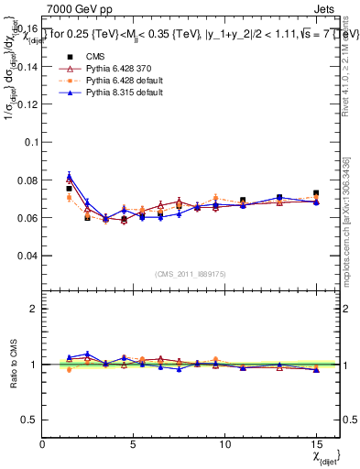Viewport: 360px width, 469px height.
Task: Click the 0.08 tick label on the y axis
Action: (27, 180)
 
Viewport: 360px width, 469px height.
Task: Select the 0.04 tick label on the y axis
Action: (27, 255)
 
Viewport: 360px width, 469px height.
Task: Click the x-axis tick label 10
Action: (224, 445)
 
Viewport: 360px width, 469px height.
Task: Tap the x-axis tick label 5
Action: (134, 445)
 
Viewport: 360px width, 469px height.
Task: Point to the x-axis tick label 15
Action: (315, 445)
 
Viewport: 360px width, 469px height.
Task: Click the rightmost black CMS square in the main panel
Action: (316, 193)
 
